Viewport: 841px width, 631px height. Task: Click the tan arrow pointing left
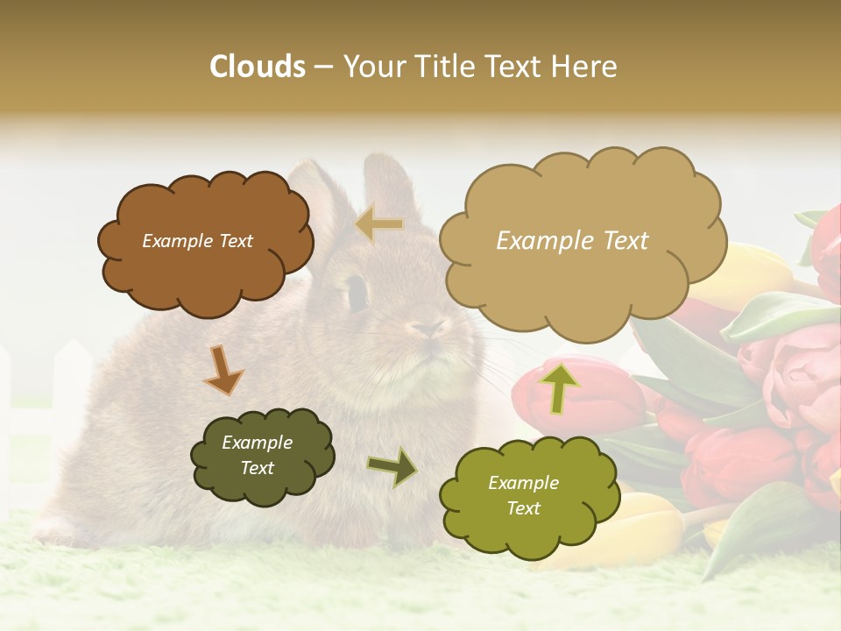point(379,224)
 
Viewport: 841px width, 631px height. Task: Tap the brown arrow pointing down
point(223,369)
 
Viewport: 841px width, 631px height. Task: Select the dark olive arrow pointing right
point(392,466)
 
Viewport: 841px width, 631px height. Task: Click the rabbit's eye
point(357,292)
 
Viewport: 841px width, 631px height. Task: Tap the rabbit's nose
point(429,329)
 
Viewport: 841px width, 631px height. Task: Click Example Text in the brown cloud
point(197,241)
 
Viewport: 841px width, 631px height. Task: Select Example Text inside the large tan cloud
point(572,241)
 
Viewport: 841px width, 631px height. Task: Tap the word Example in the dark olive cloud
point(257,443)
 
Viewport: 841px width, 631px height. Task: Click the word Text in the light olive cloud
point(523,508)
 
